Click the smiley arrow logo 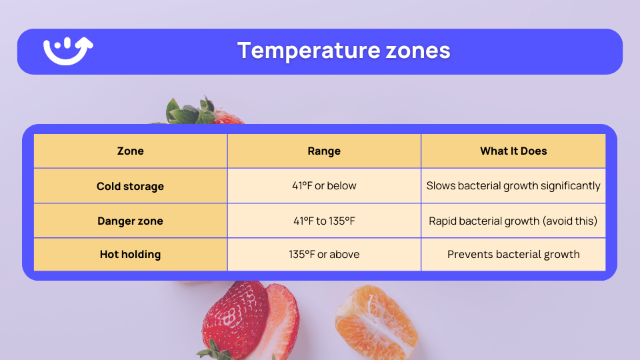[68, 51]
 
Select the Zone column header [130, 151]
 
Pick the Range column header [324, 151]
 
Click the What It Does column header [513, 151]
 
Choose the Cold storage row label [130, 186]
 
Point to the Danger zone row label [130, 221]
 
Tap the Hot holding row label [130, 255]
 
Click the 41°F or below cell [324, 186]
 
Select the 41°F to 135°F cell [324, 221]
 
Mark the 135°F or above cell [324, 255]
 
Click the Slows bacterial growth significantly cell [513, 186]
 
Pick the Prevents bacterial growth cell [513, 255]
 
